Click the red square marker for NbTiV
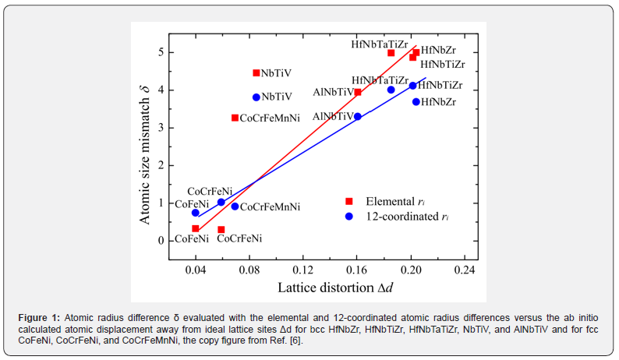tap(256, 73)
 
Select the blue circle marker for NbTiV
tap(256, 97)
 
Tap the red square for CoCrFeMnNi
tap(235, 118)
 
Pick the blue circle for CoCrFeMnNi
tap(235, 206)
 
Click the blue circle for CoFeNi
tap(196, 213)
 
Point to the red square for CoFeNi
tap(196, 228)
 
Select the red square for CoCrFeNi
tap(221, 230)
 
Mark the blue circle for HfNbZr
tap(416, 102)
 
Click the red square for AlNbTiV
tap(358, 92)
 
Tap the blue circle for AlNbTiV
tap(358, 117)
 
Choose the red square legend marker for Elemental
tap(349, 202)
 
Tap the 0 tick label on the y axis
tap(161, 241)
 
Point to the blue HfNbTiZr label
tap(440, 85)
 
